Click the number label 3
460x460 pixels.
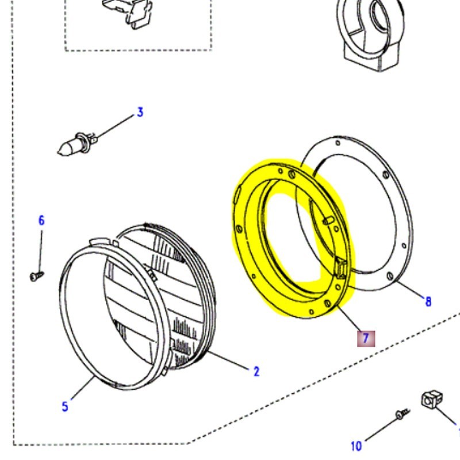(x=140, y=112)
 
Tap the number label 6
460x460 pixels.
(x=41, y=220)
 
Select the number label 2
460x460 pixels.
(x=256, y=371)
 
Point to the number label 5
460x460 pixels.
(x=65, y=407)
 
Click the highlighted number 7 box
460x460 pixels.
(x=366, y=338)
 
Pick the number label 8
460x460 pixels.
(x=427, y=301)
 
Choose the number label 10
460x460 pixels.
(x=356, y=446)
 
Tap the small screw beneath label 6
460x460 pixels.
(x=36, y=277)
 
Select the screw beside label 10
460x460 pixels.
(x=401, y=414)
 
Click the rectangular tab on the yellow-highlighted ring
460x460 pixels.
(x=339, y=267)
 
